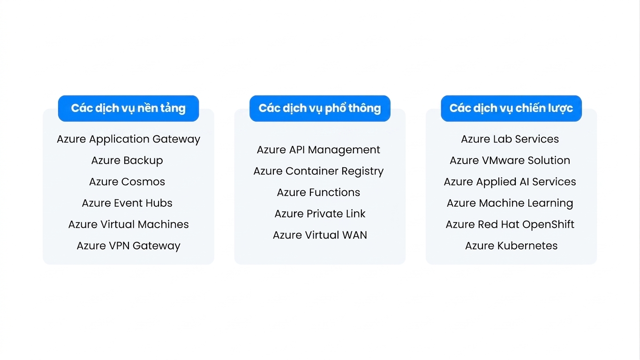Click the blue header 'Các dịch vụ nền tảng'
pos(128,108)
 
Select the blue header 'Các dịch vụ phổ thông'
pos(320,108)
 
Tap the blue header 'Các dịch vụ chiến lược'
pos(511,108)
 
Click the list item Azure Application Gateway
pos(128,139)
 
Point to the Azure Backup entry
pos(127,161)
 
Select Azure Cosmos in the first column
pos(127,182)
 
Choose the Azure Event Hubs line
pos(127,203)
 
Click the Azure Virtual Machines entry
pos(128,224)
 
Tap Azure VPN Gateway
pos(128,246)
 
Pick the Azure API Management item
pos(318,150)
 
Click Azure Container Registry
pos(318,172)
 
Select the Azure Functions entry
pos(318,193)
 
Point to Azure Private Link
pos(320,214)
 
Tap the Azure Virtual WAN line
pos(320,235)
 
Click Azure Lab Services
pos(510,139)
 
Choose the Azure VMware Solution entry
pos(510,161)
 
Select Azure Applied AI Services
pos(510,182)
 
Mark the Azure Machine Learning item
pos(510,203)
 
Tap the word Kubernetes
pos(527,246)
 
